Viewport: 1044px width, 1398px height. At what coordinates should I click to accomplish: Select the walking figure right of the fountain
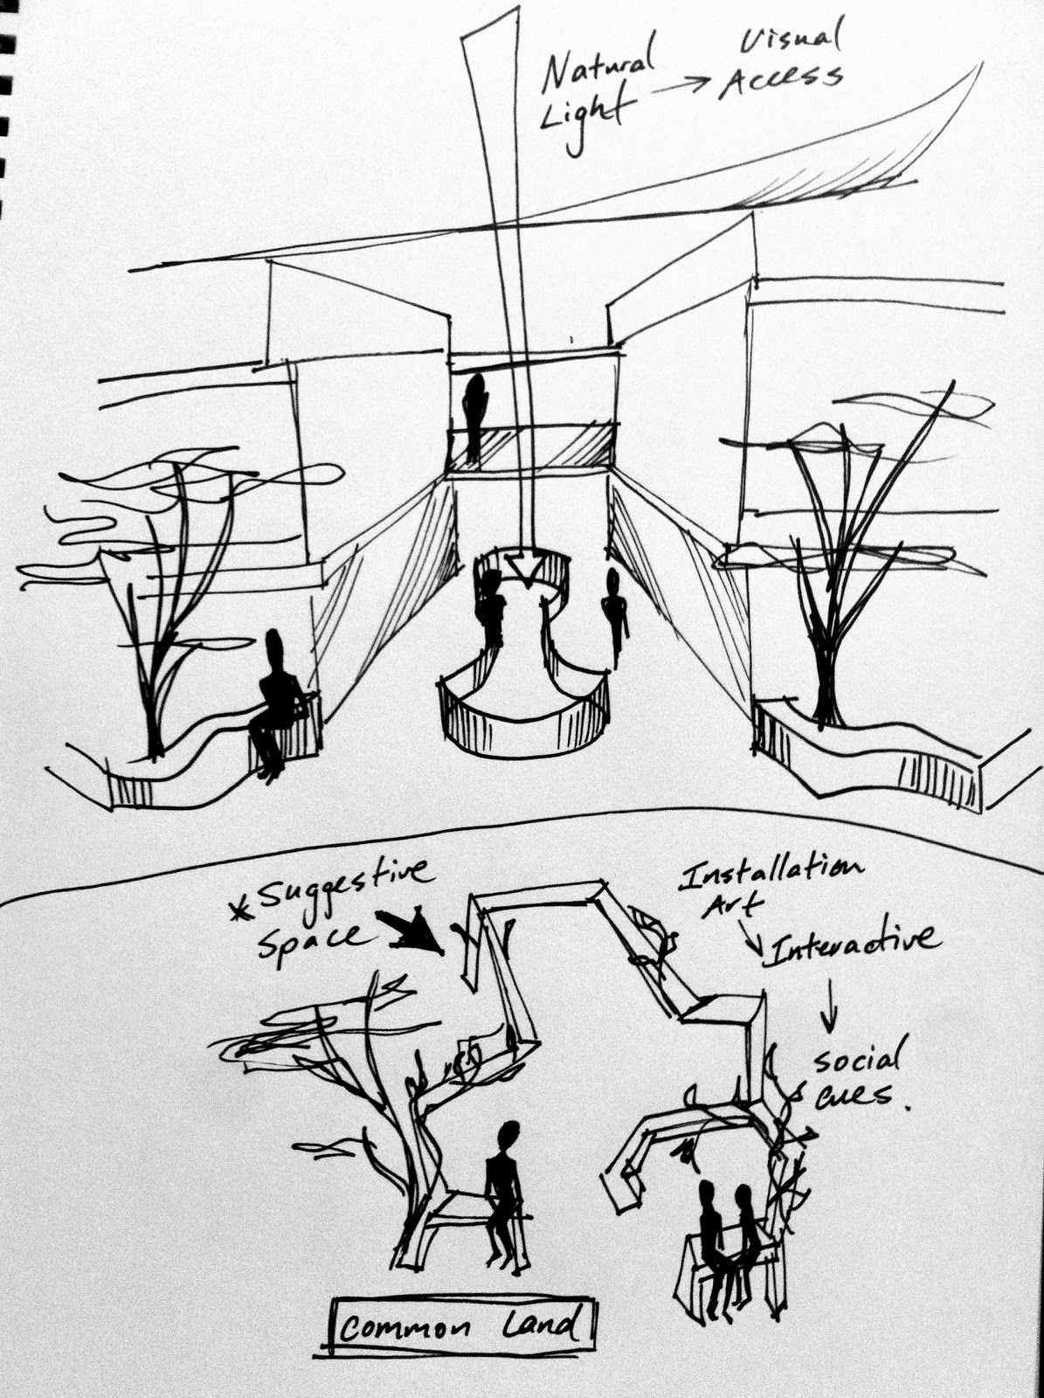(x=615, y=612)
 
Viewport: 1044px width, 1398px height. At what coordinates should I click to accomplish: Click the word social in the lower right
(x=855, y=1061)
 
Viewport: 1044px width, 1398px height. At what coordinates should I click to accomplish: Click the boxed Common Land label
(x=460, y=1328)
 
